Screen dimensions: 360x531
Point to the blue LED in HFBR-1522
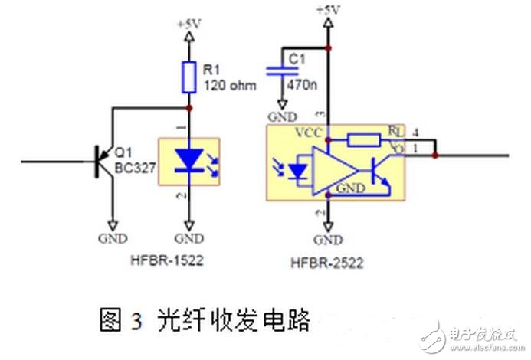[187, 159]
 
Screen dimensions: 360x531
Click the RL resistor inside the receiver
[363, 139]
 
